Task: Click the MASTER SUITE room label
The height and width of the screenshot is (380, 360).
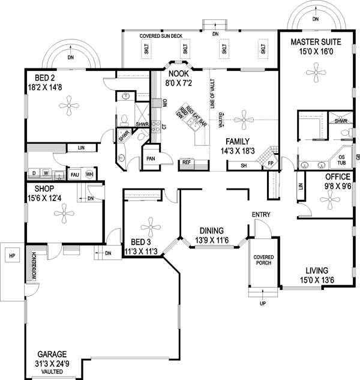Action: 316,42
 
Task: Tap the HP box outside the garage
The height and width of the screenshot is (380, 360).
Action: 11,256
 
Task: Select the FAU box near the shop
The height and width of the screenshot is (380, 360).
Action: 75,174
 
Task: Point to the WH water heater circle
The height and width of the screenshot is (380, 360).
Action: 89,174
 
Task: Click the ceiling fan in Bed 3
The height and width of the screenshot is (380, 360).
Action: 147,227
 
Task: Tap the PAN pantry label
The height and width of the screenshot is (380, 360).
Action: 150,158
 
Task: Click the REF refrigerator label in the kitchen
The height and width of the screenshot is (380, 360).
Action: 187,162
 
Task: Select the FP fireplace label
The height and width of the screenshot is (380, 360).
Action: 271,163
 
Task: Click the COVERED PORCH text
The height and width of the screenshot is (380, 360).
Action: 263,259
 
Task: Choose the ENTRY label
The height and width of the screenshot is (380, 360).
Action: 261,214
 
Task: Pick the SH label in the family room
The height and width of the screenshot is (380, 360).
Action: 243,164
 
